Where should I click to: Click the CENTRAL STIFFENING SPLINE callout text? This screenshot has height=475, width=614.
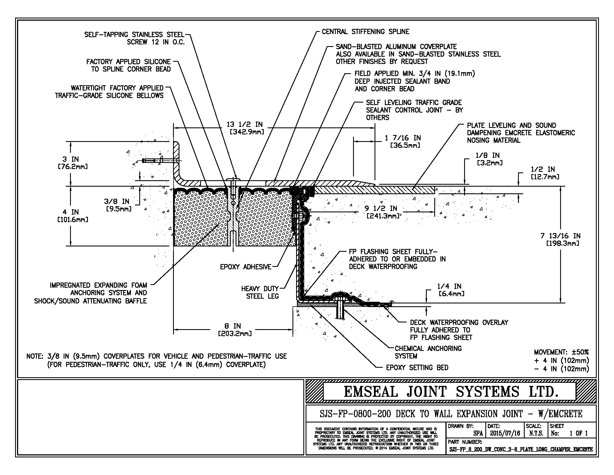pos(365,32)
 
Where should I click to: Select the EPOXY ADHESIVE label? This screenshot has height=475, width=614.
pos(245,267)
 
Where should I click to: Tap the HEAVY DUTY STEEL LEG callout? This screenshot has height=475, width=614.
pos(260,292)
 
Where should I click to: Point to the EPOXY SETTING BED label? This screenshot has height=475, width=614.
pos(417,367)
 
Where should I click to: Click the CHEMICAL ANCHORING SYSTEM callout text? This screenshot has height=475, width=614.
pos(428,352)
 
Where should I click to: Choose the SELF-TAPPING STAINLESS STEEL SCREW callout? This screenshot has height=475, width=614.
pos(135,38)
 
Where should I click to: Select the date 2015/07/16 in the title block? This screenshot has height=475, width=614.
pos(505,433)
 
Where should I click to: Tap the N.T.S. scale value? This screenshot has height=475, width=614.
pos(536,433)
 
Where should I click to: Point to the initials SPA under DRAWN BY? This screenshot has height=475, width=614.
pos(478,433)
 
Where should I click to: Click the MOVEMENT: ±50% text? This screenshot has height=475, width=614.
pos(561,352)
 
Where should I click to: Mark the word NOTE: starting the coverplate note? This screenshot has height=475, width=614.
pos(35,356)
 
